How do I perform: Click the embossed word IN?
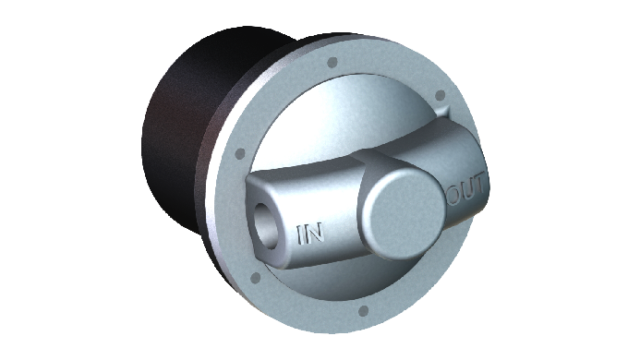[x=309, y=234]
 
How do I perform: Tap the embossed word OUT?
[x=466, y=189]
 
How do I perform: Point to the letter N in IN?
[x=314, y=234]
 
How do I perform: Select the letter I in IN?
[x=299, y=235]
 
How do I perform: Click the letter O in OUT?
[x=454, y=195]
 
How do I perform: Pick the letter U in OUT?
[x=468, y=189]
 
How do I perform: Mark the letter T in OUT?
[x=480, y=184]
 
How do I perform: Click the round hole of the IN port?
[x=265, y=225]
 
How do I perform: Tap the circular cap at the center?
[x=403, y=213]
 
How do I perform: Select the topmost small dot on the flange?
[x=332, y=63]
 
